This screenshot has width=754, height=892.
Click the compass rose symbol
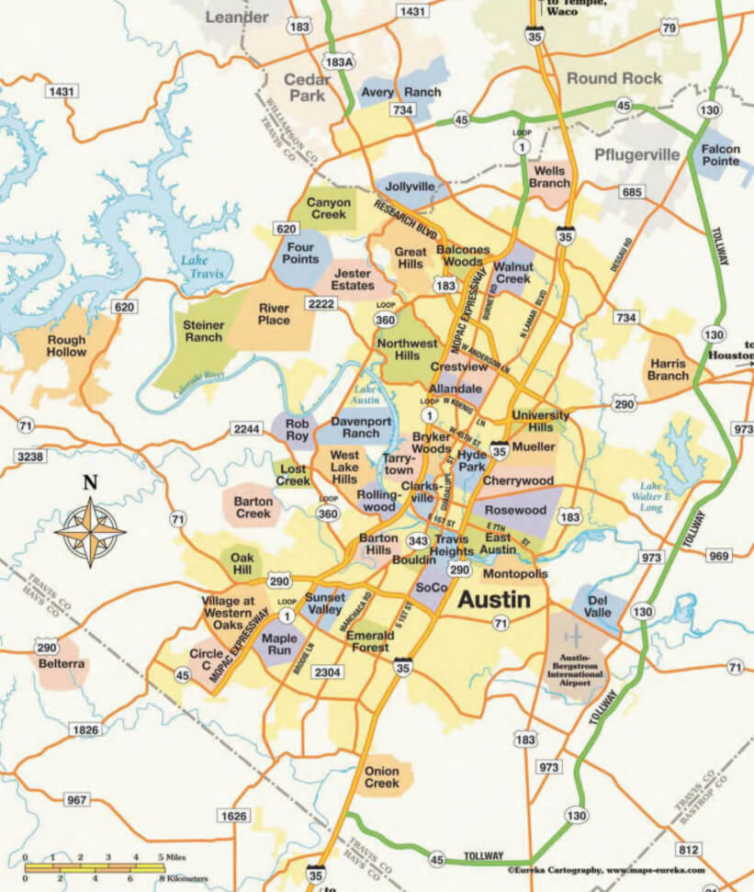(90, 531)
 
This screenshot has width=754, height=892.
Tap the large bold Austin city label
(493, 600)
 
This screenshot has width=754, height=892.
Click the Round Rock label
(613, 78)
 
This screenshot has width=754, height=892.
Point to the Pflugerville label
(637, 153)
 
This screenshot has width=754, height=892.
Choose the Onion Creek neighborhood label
(382, 777)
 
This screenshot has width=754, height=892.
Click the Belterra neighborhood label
(62, 663)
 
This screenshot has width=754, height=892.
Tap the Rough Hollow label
(66, 346)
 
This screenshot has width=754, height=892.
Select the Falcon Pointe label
(721, 154)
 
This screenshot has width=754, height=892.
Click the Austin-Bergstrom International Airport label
(576, 678)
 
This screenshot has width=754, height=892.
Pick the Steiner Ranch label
(204, 332)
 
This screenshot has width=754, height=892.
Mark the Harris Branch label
(668, 369)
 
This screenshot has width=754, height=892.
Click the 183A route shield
(339, 61)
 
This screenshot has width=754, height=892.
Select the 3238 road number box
(29, 457)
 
